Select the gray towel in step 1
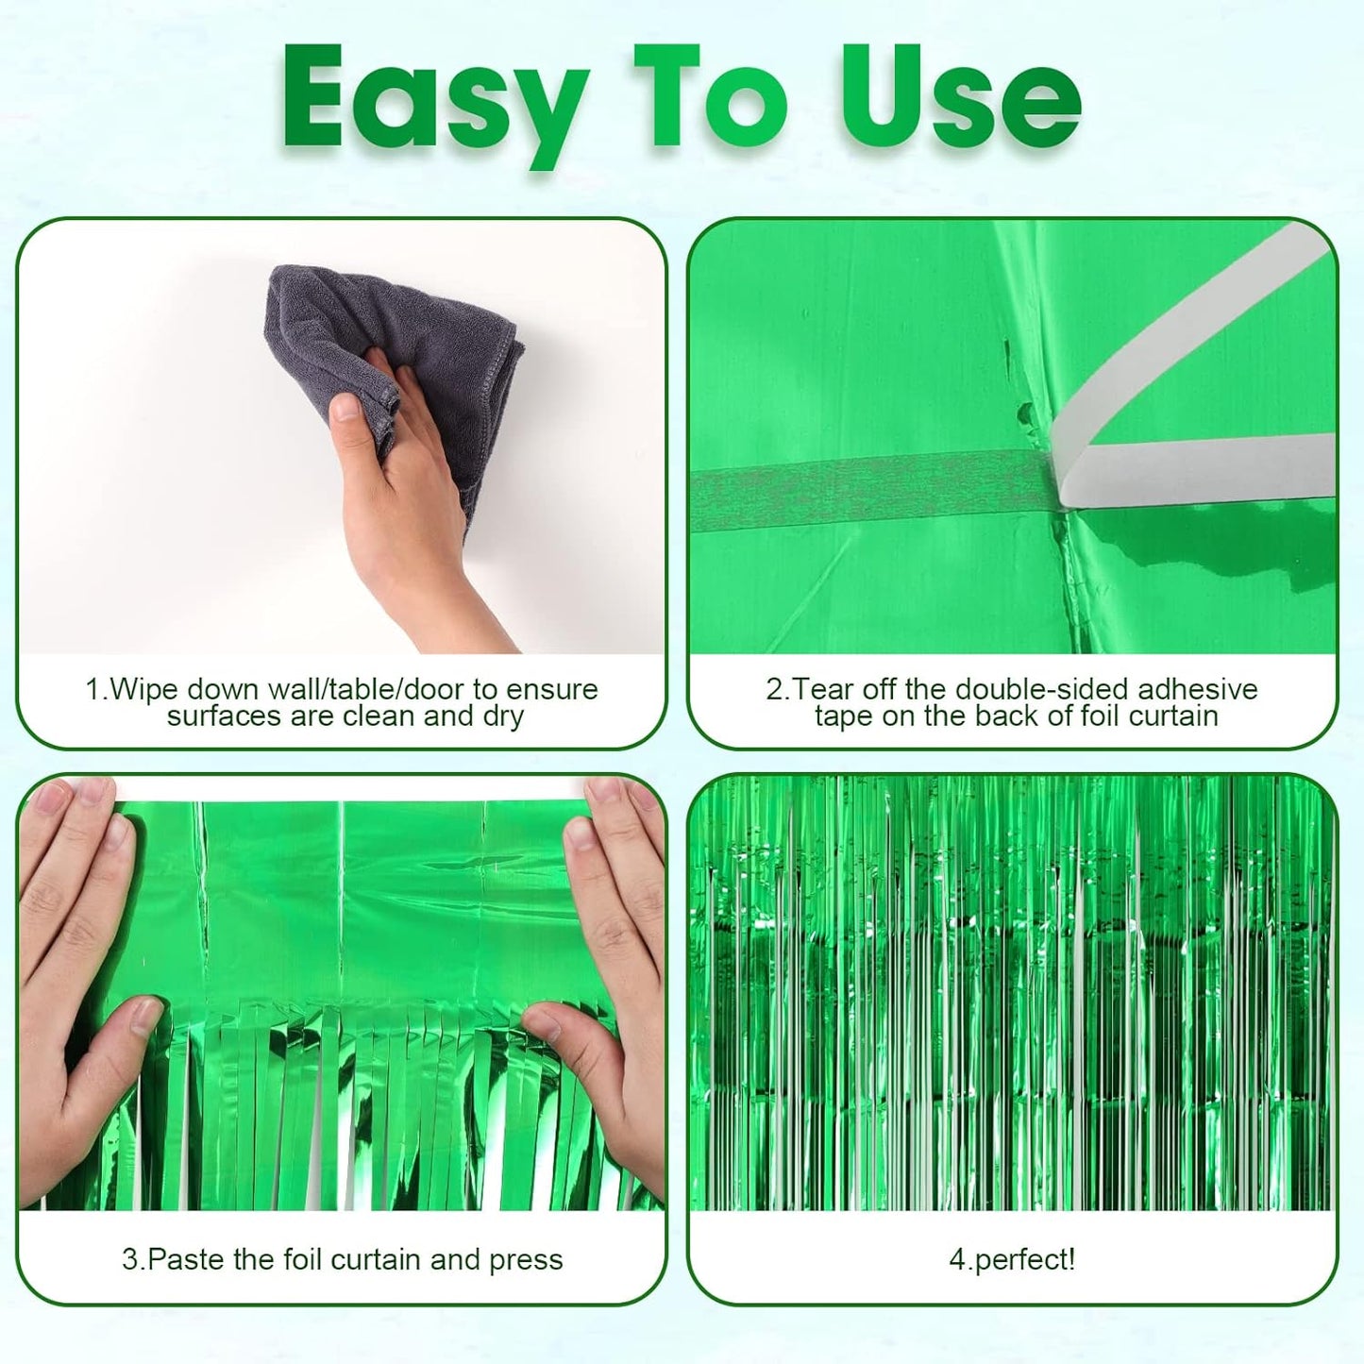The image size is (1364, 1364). pyautogui.click(x=444, y=340)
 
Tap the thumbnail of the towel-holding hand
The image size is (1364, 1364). pyautogui.click(x=346, y=407)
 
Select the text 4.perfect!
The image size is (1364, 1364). pyautogui.click(x=1011, y=1260)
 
